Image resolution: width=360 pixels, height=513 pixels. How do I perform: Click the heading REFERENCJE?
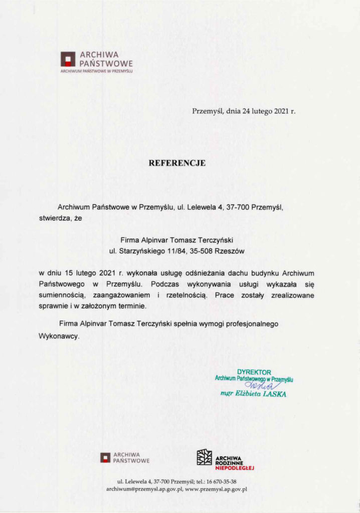tap(177, 163)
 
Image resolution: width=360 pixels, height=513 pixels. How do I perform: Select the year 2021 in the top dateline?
tap(280, 111)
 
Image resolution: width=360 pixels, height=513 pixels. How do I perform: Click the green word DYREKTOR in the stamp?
tap(254, 372)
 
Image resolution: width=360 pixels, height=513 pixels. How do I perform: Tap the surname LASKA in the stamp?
tap(274, 394)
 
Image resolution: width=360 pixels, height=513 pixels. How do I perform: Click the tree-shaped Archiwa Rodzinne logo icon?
tap(204, 457)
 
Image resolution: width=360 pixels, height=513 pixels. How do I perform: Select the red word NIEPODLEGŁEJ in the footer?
tap(235, 468)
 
